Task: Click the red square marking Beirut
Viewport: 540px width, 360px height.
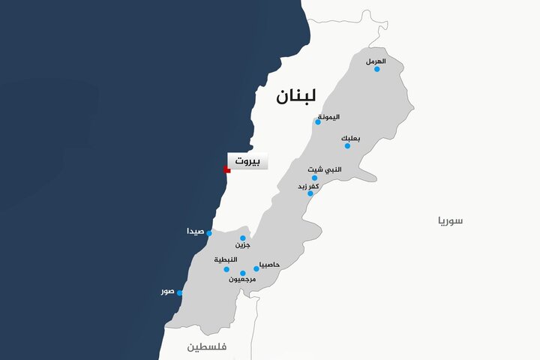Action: (226, 170)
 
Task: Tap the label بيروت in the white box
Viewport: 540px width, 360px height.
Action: (247, 161)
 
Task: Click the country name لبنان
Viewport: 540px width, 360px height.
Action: (295, 97)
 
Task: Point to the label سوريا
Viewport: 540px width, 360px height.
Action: (451, 220)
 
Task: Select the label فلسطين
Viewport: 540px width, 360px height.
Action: (207, 346)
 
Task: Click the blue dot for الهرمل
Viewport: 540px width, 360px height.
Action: (377, 69)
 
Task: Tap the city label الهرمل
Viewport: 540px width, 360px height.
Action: (376, 60)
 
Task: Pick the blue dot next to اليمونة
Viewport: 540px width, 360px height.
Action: (318, 121)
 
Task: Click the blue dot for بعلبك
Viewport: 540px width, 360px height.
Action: (347, 145)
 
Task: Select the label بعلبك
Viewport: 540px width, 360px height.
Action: (350, 137)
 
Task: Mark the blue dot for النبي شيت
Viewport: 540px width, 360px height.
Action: (315, 178)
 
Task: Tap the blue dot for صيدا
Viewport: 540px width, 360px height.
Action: (209, 233)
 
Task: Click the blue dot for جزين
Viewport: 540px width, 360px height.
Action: (243, 238)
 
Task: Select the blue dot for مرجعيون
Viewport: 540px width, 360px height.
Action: (243, 273)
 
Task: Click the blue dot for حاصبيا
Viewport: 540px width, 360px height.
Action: (256, 268)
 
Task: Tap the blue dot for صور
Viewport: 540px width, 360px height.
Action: (180, 293)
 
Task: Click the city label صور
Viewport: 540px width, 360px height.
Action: (167, 291)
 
